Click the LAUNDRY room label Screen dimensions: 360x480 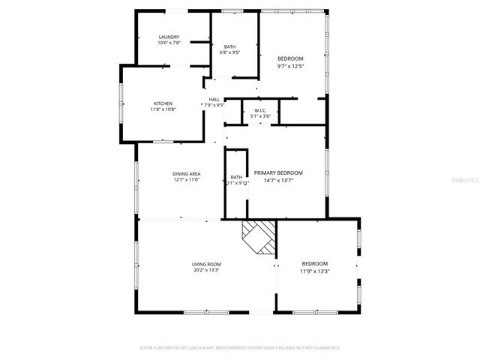(169, 37)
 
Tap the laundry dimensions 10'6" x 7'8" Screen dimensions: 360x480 (169, 43)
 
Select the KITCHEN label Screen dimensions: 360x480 (163, 103)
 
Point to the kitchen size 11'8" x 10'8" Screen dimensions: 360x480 (163, 109)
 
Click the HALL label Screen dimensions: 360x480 (214, 100)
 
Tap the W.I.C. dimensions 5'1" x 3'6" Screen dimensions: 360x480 (250, 116)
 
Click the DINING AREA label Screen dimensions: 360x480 (187, 173)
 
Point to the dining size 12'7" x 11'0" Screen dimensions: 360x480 (187, 180)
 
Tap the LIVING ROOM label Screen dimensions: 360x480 (206, 264)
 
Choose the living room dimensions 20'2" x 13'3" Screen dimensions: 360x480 (206, 270)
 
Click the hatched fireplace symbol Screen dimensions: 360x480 (259, 238)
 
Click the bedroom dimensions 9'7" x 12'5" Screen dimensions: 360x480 (290, 66)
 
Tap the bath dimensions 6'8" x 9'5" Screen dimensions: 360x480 (229, 53)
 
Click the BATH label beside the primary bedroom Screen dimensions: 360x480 (236, 178)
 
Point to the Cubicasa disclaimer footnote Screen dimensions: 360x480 (240, 348)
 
